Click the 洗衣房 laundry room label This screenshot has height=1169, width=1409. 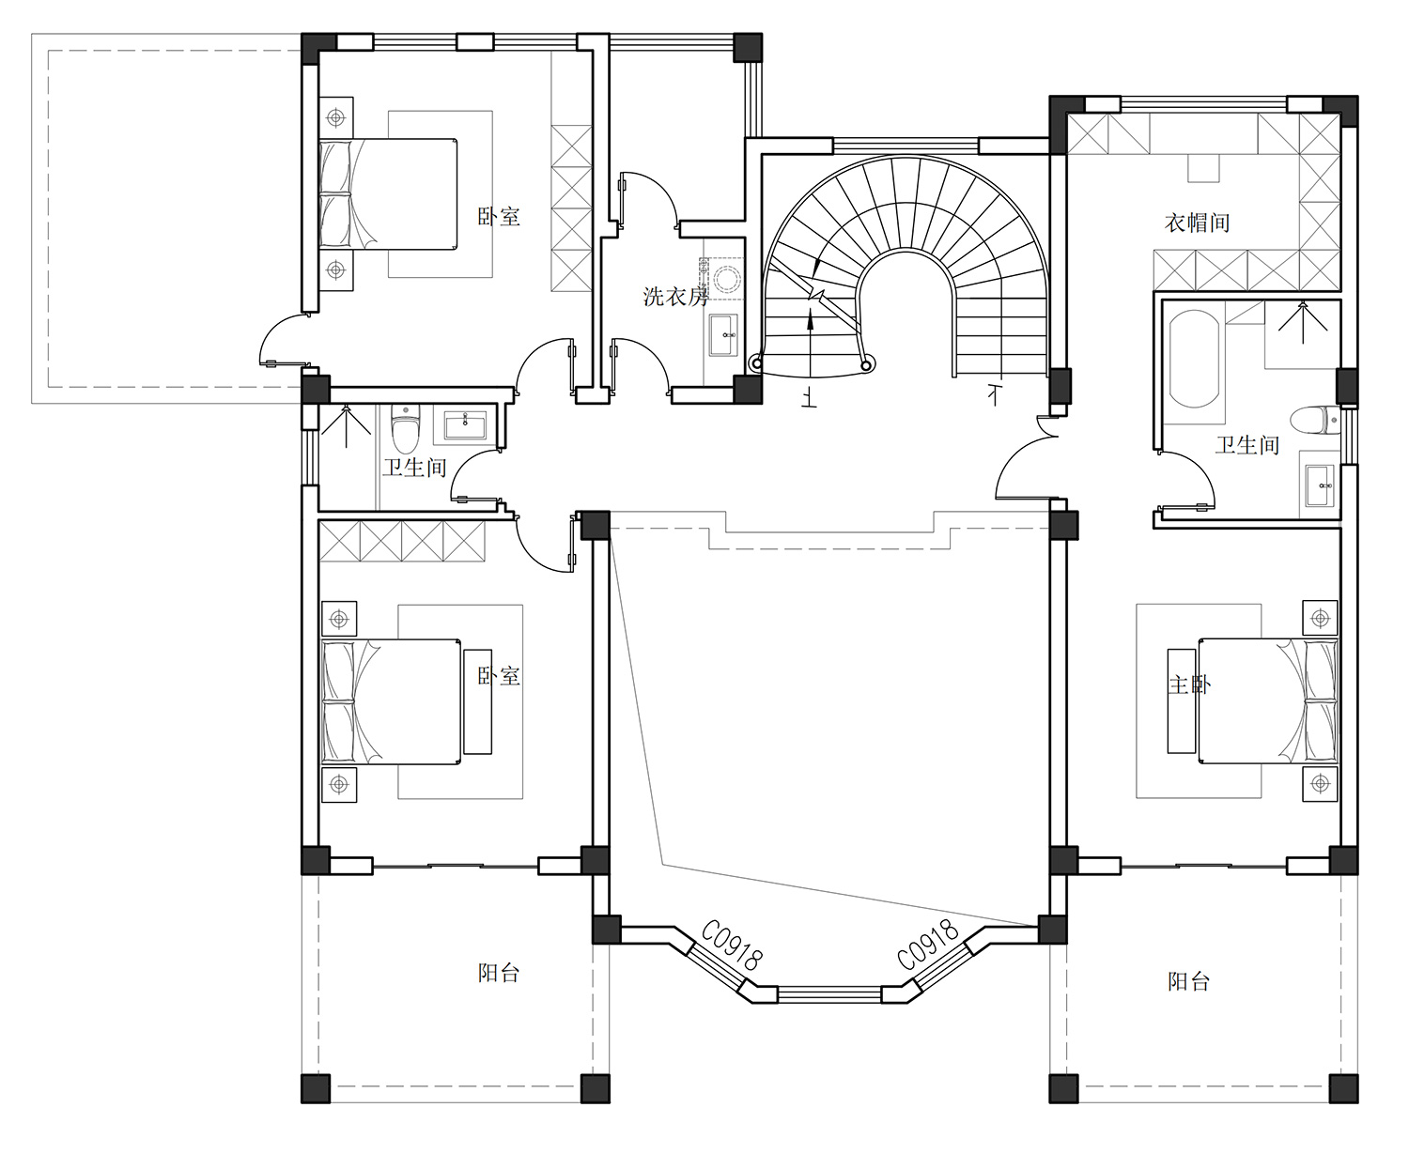[675, 296]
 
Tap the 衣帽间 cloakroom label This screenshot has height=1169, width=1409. [1197, 223]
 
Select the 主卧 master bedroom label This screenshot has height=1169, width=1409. [1189, 685]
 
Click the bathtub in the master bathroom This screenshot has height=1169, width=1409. [1194, 359]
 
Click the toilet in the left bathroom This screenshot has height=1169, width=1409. [406, 428]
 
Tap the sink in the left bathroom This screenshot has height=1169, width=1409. [465, 426]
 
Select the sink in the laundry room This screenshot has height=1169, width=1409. [723, 335]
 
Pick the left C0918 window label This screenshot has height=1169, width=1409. [732, 945]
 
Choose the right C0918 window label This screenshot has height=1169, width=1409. [928, 945]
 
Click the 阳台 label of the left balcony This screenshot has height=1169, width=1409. [499, 973]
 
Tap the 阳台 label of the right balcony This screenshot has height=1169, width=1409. [1189, 981]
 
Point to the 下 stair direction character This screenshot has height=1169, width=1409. [994, 394]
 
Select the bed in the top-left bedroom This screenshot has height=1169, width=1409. [388, 194]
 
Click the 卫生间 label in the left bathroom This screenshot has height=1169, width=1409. [414, 467]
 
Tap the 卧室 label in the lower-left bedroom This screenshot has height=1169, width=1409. [499, 676]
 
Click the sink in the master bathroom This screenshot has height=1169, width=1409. [1319, 485]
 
